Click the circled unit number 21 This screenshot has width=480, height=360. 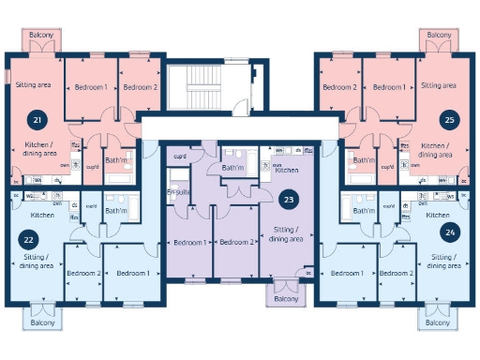pos(37,120)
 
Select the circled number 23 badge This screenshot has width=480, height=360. pos(289,199)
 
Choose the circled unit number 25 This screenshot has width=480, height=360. pos(449,120)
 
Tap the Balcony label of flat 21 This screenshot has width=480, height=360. pos(41,35)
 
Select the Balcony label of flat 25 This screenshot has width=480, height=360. pos(438,35)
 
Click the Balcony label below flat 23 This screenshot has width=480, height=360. pos(285,301)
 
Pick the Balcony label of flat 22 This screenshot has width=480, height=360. pos(41,322)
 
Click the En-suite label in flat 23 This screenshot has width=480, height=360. pos(179,193)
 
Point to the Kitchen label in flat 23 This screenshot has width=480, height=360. pos(287,171)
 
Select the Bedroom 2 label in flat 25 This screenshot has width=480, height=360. pos(338,87)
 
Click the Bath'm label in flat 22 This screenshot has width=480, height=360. pos(116,211)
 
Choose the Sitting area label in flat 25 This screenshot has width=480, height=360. pos(439,85)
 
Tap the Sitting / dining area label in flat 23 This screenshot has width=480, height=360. pos(286,234)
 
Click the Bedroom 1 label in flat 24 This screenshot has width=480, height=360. pos(348,273)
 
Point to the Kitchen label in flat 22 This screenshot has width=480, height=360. pos(42,215)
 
